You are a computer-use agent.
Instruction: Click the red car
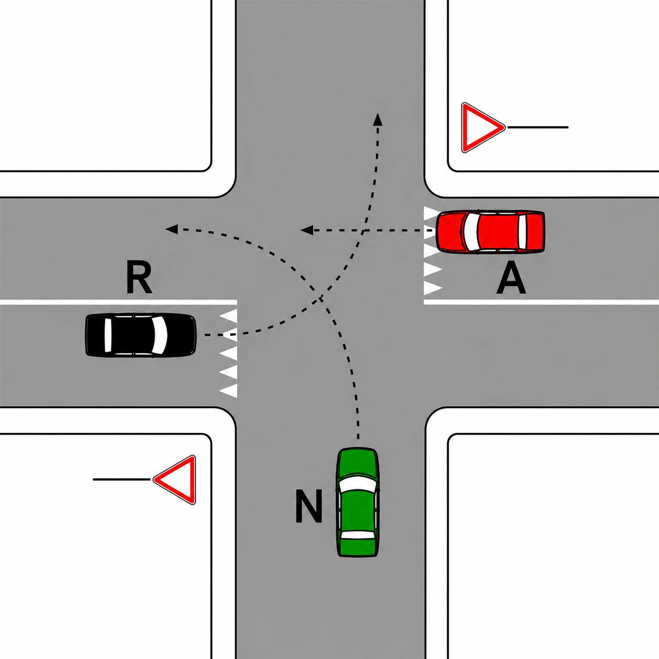point(491,232)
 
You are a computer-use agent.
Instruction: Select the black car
point(140,335)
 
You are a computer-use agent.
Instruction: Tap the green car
point(358,507)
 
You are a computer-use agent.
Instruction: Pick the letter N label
point(308,507)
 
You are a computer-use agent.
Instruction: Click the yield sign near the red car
point(482,128)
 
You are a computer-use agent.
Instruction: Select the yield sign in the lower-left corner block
point(175,480)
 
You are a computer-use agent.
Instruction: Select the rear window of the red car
point(522,232)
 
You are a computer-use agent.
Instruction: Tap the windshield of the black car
point(160,335)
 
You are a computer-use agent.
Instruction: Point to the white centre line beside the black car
point(118,302)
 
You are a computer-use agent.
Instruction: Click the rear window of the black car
point(108,335)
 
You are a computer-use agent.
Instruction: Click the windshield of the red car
point(471,231)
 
